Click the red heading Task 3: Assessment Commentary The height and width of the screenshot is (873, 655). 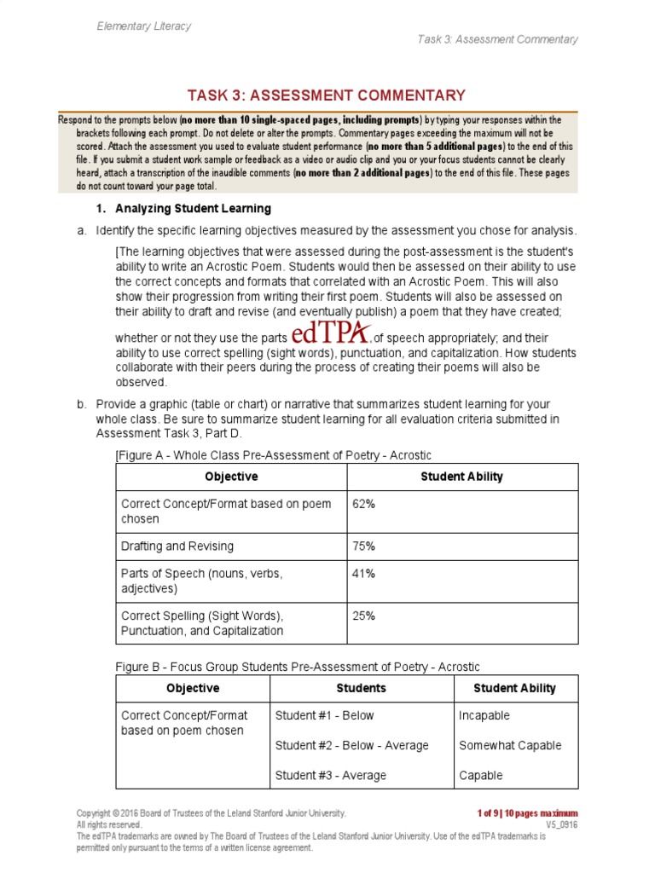point(327,95)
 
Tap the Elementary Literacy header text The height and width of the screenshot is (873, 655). point(143,26)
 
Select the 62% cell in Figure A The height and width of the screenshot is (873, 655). point(364,504)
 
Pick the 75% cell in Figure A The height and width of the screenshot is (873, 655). point(364,546)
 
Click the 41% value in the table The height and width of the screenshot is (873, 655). point(364,574)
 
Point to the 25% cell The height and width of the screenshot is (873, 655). point(364,616)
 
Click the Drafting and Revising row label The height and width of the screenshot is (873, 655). point(177,546)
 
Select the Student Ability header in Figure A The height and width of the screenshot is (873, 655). point(461,477)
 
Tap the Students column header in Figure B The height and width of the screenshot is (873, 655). point(362,688)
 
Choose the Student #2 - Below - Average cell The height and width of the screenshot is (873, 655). point(351,745)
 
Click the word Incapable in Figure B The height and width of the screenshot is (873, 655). point(484,715)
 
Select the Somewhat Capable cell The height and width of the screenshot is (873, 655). point(509,745)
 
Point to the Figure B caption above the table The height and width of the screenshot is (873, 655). point(298,667)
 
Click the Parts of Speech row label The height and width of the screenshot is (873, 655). point(201,581)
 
